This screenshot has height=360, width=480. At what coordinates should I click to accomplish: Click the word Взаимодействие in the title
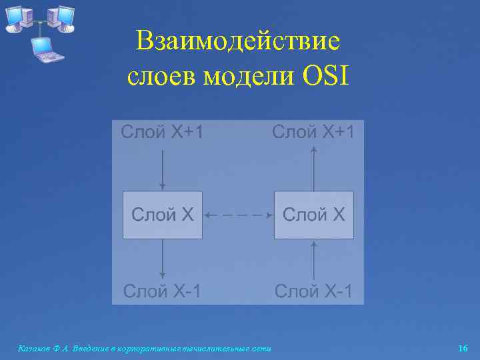(x=237, y=42)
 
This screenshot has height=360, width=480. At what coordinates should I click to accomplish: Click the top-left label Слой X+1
(x=162, y=131)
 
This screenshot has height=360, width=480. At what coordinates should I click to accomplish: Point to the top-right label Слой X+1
(x=313, y=131)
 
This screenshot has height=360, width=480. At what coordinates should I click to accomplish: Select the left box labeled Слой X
(x=163, y=215)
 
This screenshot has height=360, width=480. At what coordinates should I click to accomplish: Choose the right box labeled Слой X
(x=314, y=215)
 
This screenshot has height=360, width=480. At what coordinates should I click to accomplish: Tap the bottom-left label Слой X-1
(x=162, y=291)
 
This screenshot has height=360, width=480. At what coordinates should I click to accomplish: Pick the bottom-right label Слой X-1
(x=314, y=291)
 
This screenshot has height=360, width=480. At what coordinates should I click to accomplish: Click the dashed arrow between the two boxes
(x=238, y=215)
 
